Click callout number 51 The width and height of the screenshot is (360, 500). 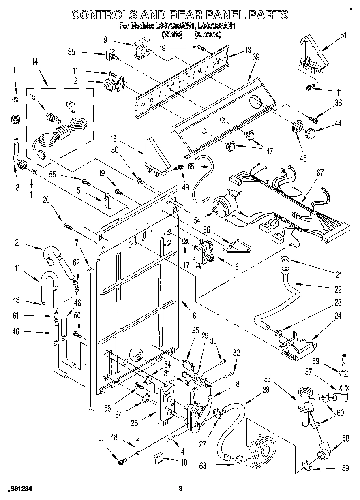click(x=343, y=35)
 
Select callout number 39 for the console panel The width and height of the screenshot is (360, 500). click(x=255, y=57)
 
